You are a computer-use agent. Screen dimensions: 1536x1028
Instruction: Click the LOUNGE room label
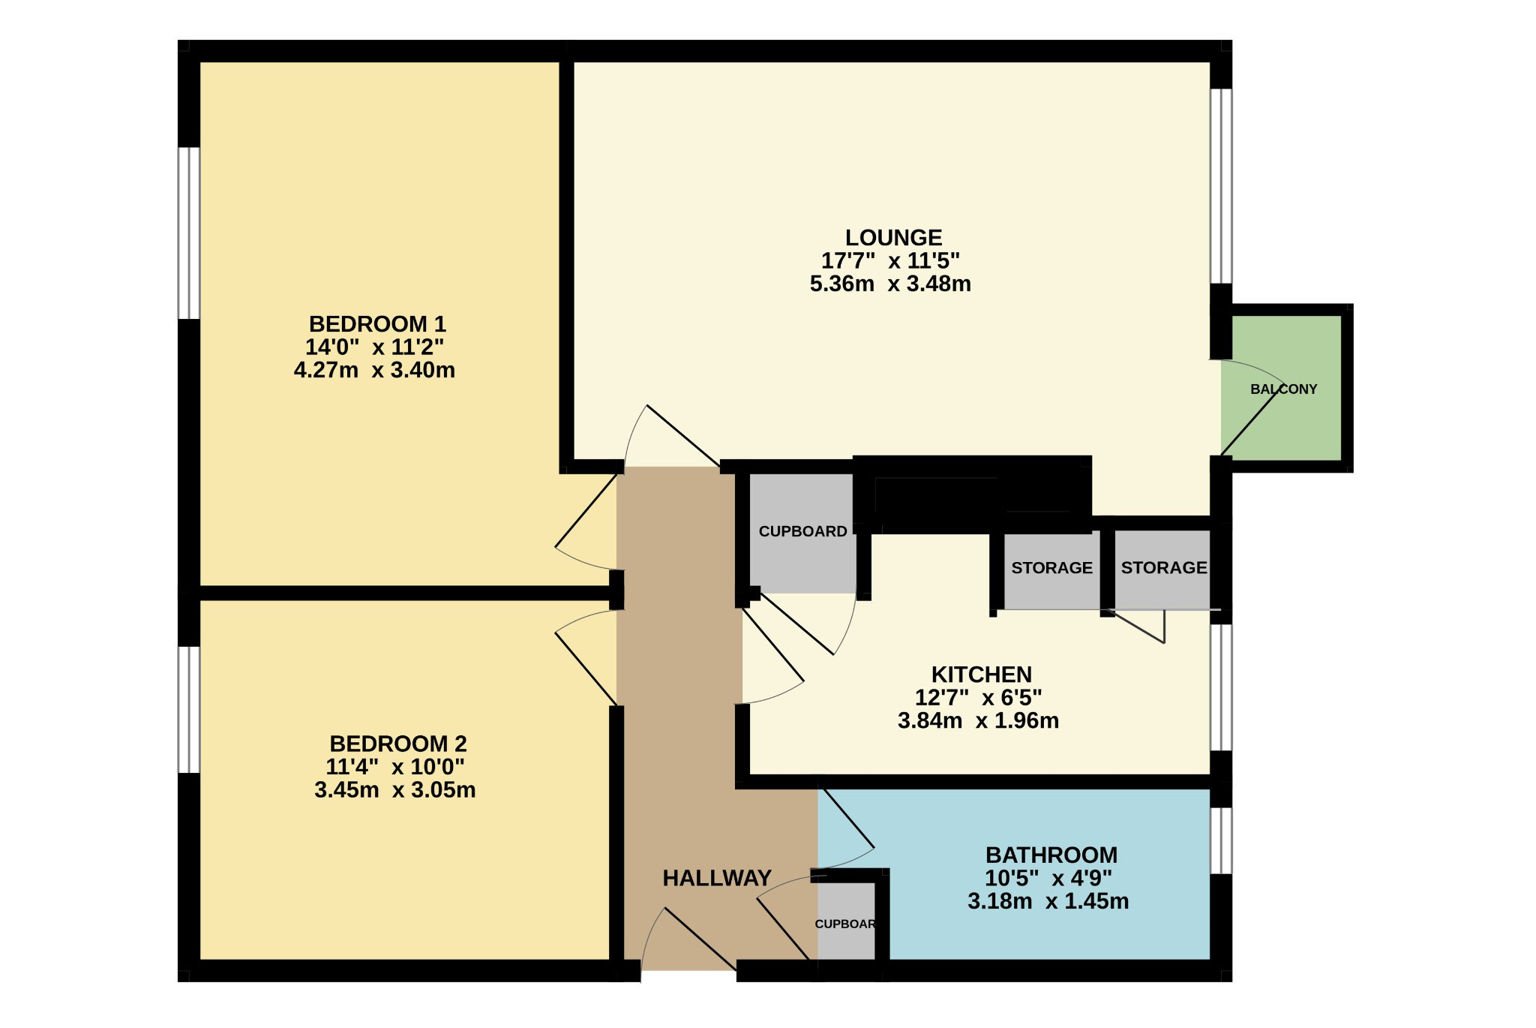tap(893, 238)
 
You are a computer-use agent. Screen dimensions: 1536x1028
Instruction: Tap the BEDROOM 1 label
tap(377, 324)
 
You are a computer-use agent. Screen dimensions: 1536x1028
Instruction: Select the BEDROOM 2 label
tap(398, 744)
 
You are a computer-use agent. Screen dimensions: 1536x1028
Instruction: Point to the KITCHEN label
tap(981, 675)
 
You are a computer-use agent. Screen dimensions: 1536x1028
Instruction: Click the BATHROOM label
tap(1051, 855)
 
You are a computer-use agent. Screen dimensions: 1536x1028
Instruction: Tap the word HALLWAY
tap(717, 878)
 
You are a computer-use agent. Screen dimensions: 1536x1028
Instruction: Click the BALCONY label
tap(1284, 389)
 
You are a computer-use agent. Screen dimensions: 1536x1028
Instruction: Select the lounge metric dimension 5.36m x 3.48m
tap(890, 284)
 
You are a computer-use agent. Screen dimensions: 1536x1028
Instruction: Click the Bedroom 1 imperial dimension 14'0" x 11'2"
tap(374, 347)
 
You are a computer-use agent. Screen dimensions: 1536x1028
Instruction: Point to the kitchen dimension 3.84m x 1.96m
tap(978, 721)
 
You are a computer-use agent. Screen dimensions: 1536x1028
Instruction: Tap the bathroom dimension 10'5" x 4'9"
tap(1048, 878)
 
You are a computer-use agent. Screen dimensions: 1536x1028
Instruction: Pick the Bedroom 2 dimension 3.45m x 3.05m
tap(395, 790)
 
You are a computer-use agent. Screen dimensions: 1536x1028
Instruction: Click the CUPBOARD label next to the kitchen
tap(802, 532)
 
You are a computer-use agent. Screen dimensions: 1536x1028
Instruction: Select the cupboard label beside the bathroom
tap(845, 924)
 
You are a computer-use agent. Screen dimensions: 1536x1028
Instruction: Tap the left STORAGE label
tap(1051, 568)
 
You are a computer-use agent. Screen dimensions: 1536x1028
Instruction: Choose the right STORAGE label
tap(1164, 568)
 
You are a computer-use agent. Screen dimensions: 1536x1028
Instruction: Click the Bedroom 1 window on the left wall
tap(189, 233)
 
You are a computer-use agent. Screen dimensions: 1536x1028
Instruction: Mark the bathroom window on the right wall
tap(1222, 841)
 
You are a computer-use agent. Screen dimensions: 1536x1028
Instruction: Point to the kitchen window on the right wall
tap(1222, 687)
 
